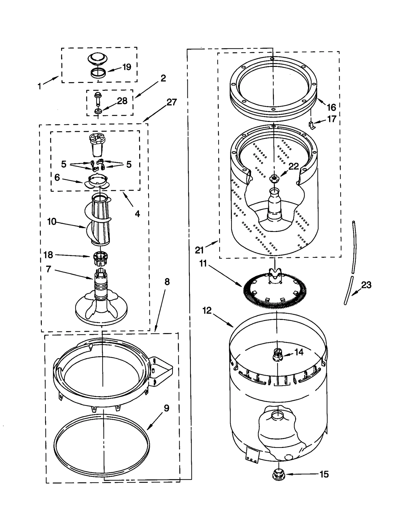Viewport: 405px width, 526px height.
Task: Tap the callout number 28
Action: tap(122, 101)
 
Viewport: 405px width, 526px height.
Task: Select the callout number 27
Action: tap(172, 102)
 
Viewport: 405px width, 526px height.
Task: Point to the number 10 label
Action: tap(52, 222)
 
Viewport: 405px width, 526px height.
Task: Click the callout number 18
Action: tap(48, 255)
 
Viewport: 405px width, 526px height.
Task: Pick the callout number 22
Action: tap(294, 166)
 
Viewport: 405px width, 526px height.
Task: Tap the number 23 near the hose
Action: tap(366, 285)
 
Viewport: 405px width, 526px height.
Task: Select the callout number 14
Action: tap(299, 352)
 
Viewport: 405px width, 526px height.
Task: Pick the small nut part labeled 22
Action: tap(274, 178)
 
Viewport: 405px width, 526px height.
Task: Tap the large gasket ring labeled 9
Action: tap(101, 446)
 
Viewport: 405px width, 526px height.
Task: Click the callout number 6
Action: tap(57, 177)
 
